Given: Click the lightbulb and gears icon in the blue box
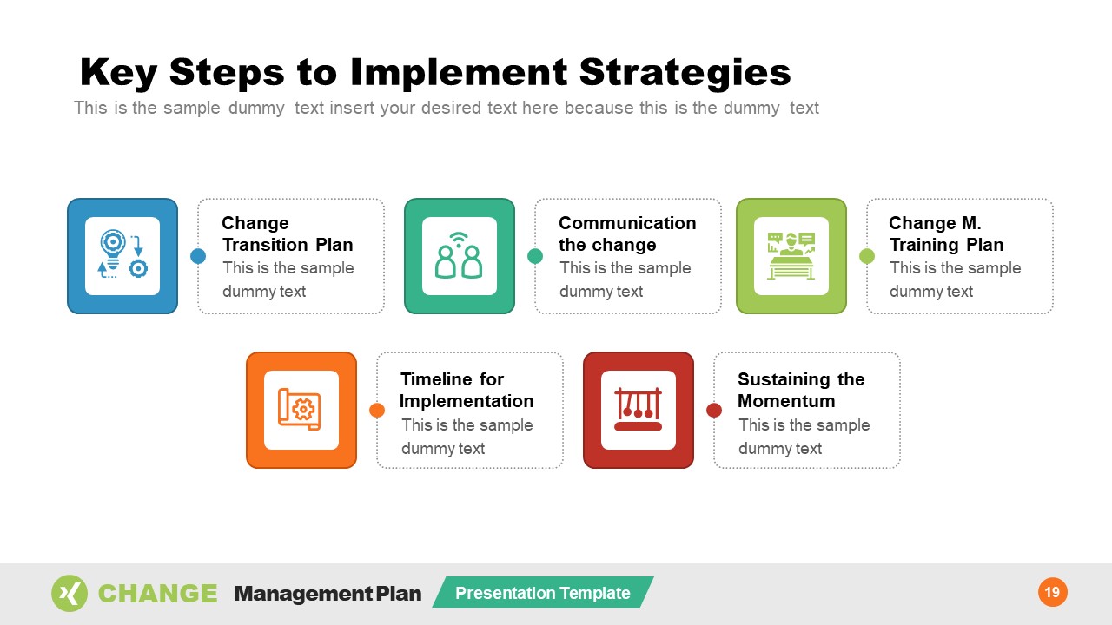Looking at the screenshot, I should click(x=122, y=255).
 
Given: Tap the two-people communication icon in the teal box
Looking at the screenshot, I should click(x=459, y=255).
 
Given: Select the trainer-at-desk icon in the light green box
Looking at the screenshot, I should click(x=791, y=255).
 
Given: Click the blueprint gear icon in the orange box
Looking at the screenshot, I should click(x=301, y=410).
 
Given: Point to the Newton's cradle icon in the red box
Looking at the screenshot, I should click(x=638, y=410).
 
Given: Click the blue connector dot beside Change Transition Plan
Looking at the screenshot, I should click(x=198, y=256).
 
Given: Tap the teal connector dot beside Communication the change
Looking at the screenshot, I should click(x=535, y=256).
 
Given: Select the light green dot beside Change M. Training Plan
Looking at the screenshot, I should click(x=867, y=256).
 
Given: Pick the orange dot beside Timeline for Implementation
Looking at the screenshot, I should click(x=377, y=410).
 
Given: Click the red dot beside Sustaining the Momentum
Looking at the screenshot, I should click(x=714, y=410).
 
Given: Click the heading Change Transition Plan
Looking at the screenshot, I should click(x=288, y=234).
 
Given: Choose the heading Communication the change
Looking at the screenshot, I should click(x=626, y=234).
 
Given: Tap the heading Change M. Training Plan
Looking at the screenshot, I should click(x=945, y=234).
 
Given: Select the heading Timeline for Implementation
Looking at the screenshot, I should click(x=467, y=390).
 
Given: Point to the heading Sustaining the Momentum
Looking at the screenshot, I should click(x=800, y=390).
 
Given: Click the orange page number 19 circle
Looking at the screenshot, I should click(x=1052, y=593).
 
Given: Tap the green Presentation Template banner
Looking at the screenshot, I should click(x=543, y=593).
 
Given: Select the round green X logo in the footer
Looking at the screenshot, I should click(x=69, y=594).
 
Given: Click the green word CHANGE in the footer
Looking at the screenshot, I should click(x=157, y=594).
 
